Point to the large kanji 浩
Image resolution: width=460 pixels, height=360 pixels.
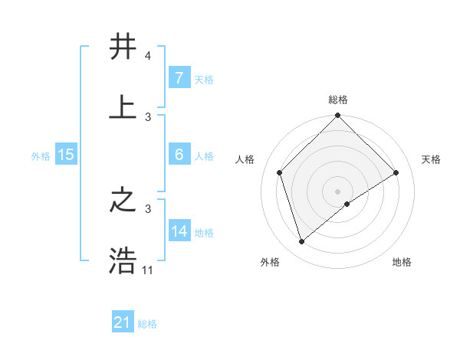tap(124, 260)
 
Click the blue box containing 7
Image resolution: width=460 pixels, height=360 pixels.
tap(179, 78)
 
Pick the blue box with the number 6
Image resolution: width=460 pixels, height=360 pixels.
tap(179, 155)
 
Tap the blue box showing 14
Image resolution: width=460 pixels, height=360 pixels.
tap(179, 231)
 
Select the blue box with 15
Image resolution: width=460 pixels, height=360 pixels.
tap(66, 155)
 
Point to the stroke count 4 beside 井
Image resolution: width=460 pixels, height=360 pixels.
tap(147, 56)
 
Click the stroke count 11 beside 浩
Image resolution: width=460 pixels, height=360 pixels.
tap(148, 270)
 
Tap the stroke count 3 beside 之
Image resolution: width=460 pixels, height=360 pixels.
tap(147, 208)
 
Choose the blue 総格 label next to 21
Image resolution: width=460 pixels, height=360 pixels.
tap(147, 324)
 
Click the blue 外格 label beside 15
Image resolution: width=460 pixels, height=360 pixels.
tap(41, 155)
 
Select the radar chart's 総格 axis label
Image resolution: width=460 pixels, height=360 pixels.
tap(338, 100)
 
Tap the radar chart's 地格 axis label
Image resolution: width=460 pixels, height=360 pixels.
tap(402, 262)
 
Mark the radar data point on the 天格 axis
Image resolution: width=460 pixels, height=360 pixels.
tap(396, 172)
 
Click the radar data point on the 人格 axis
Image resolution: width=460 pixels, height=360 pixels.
tap(280, 172)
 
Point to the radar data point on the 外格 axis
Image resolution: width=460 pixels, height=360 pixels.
tap(301, 241)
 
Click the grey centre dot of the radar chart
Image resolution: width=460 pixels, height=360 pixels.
tap(338, 191)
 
